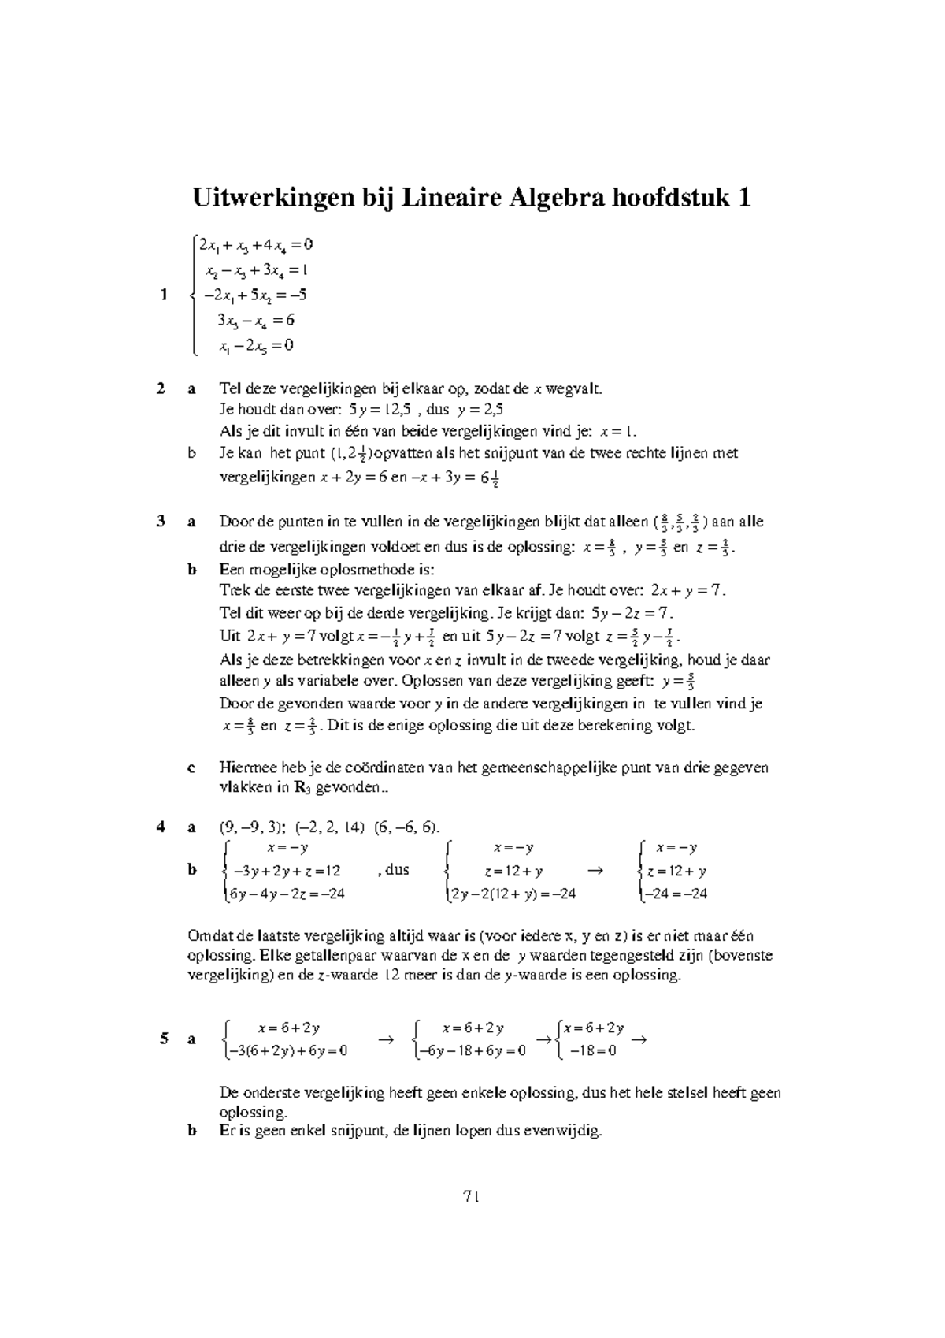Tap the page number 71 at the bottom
click(x=472, y=1196)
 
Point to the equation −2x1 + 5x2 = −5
click(x=254, y=295)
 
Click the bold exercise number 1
click(x=164, y=295)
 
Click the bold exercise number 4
click(x=161, y=827)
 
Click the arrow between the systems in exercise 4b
click(x=595, y=870)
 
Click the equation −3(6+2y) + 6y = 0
click(x=287, y=1050)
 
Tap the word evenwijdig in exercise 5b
click(x=561, y=1132)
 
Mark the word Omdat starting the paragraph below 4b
click(x=206, y=936)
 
